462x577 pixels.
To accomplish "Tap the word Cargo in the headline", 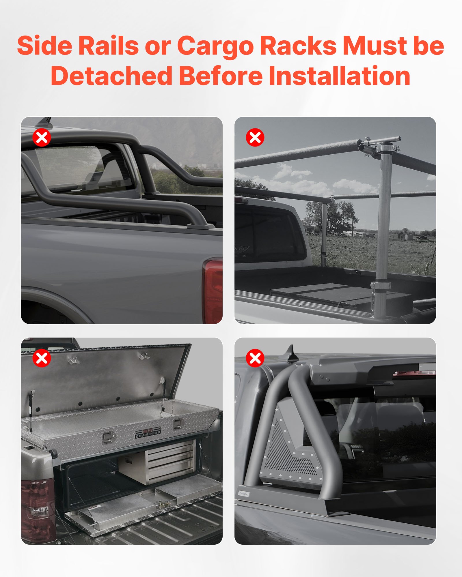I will [x=215, y=46].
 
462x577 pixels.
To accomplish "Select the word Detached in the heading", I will [x=111, y=76].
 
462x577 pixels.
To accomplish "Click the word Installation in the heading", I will [x=339, y=76].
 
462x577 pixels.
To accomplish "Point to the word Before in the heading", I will [x=221, y=76].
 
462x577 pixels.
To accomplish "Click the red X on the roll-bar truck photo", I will [x=42, y=137].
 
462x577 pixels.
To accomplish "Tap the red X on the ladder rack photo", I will [x=255, y=137].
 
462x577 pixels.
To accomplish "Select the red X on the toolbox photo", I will [x=42, y=358].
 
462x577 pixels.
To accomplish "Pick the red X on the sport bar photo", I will [x=255, y=358].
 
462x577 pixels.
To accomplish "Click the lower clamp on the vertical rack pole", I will [x=381, y=286].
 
